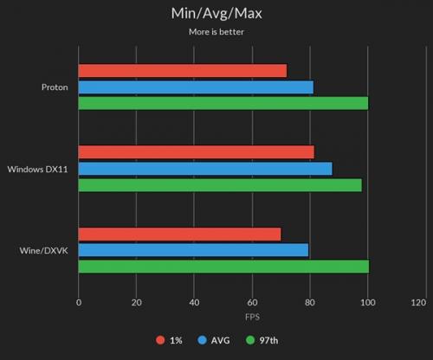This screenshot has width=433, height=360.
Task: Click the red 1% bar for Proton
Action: coord(183,71)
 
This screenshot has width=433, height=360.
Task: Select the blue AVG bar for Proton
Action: coord(196,87)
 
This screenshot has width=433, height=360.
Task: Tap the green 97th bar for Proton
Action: coord(223,103)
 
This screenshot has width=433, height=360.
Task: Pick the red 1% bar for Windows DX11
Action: coord(197,152)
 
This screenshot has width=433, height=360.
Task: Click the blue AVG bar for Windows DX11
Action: coord(205,169)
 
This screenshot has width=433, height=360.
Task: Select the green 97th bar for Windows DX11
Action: coord(220,185)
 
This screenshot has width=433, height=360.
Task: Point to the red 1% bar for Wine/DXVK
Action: coord(179,235)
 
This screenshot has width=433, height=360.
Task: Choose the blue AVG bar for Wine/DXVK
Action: coord(193,250)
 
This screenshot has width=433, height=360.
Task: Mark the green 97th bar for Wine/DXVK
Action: coord(223,267)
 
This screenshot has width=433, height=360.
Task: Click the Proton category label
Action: coord(55,87)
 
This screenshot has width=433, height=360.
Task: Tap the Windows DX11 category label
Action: coord(38,169)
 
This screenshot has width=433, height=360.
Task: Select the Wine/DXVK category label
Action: coord(44,250)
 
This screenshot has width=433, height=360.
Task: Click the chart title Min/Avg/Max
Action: coord(216,14)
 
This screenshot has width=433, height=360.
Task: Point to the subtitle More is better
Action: coord(216,32)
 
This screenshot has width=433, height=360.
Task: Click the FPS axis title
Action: coord(252,317)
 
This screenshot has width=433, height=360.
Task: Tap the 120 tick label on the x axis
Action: coord(418,303)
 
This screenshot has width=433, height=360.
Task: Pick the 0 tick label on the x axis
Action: coord(79,303)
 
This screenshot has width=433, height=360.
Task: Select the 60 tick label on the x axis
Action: coord(252,303)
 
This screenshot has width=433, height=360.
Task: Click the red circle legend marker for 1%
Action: coord(160,340)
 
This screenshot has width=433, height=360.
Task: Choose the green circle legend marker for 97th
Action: coord(250,340)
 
